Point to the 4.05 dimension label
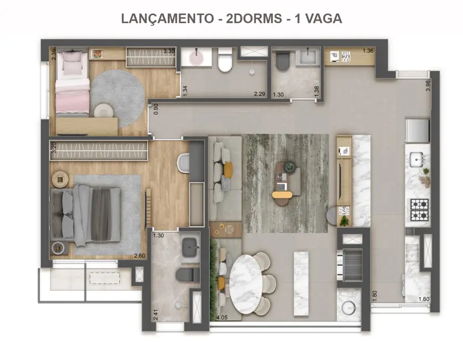[x=221, y=317]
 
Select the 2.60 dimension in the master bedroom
[x=140, y=255]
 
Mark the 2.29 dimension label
[x=259, y=94]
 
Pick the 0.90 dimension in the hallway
[x=157, y=109]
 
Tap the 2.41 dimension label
[x=156, y=315]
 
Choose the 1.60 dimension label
[x=423, y=300]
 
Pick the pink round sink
[x=197, y=57]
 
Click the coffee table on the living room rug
[x=286, y=181]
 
